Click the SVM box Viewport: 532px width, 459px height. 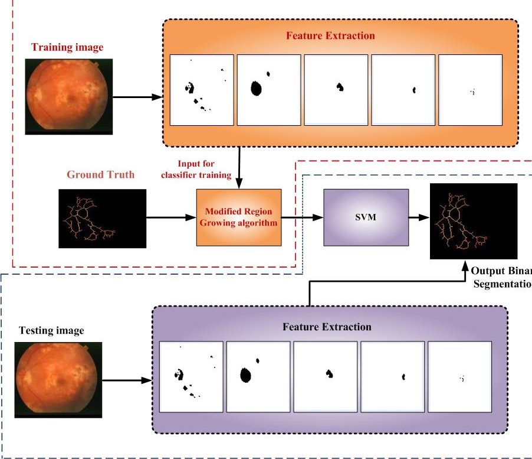[x=366, y=217]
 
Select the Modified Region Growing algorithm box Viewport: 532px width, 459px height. [x=239, y=217]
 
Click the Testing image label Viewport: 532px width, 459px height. [x=51, y=331]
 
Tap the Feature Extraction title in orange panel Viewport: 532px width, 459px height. [x=330, y=35]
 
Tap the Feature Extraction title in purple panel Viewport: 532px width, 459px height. [x=327, y=327]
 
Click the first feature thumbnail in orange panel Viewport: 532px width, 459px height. [x=202, y=90]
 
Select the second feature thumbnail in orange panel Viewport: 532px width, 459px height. [x=269, y=90]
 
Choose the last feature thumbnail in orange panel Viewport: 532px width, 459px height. [x=470, y=90]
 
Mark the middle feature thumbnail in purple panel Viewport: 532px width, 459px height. [x=326, y=376]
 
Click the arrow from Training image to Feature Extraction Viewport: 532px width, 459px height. [x=137, y=97]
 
